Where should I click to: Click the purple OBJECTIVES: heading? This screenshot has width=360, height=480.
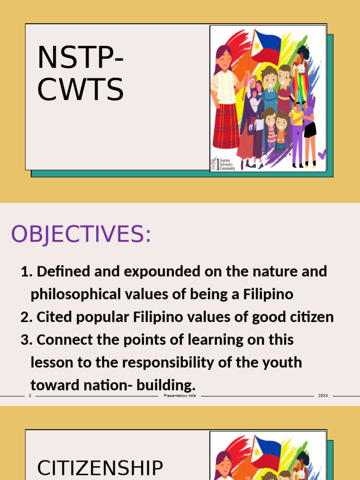pos(81,234)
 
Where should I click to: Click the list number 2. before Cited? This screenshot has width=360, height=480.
pos(25,317)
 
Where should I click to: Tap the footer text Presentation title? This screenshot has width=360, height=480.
pos(180,396)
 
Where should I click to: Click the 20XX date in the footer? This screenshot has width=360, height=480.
pos(323,396)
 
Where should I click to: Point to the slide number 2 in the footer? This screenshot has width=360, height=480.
pos(30,396)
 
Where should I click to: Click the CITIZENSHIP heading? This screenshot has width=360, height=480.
pos(100,468)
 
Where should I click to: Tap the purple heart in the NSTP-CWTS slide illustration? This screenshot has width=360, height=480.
pos(322,154)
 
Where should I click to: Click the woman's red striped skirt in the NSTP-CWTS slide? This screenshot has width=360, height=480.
pos(226,126)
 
